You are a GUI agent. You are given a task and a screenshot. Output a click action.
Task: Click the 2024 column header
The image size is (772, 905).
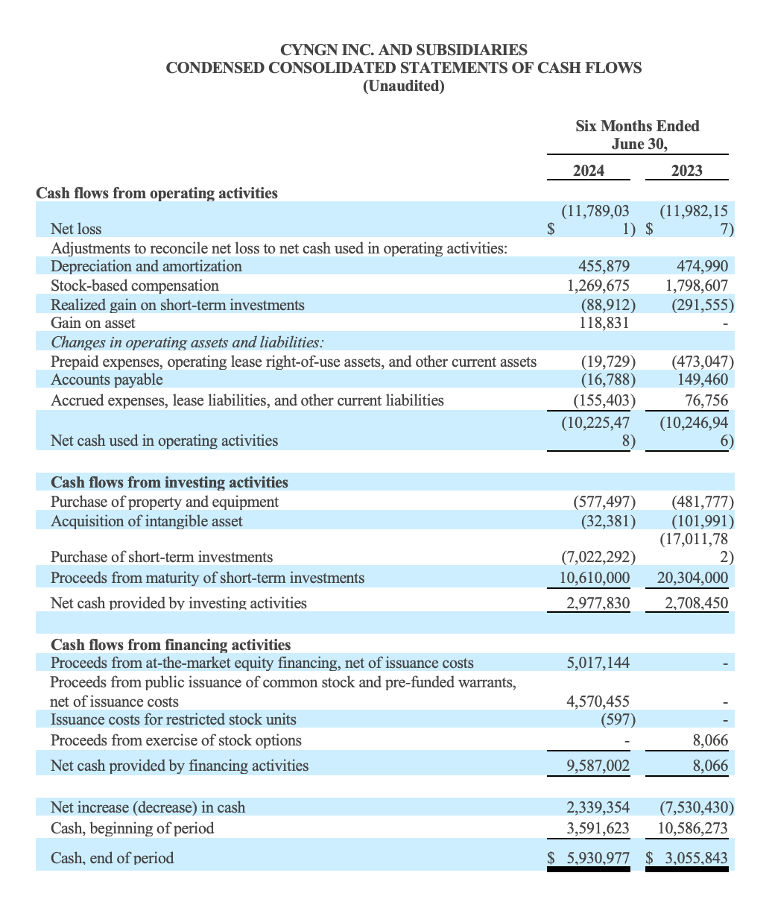click(588, 171)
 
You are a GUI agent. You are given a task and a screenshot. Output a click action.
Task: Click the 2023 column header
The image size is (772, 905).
click(686, 171)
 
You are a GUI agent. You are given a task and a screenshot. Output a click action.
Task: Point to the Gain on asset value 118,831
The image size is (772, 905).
click(604, 323)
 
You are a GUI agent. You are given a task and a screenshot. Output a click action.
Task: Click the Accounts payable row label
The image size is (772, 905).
click(107, 379)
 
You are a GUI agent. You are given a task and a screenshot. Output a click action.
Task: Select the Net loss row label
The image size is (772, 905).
click(76, 228)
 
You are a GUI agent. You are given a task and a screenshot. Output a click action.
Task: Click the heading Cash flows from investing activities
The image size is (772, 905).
click(169, 482)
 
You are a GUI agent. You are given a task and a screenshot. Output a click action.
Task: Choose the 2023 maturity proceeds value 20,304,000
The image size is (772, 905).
click(692, 578)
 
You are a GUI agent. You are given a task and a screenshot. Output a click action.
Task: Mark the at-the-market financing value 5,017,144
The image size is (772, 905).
click(598, 663)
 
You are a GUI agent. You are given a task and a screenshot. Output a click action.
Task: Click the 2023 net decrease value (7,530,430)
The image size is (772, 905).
click(697, 807)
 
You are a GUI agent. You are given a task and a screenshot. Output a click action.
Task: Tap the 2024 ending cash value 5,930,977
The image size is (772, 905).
click(598, 858)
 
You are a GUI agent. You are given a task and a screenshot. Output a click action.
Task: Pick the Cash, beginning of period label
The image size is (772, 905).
click(132, 828)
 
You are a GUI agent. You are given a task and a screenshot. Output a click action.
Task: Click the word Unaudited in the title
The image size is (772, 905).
click(403, 86)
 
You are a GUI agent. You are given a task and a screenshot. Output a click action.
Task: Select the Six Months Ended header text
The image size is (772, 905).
click(637, 126)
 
